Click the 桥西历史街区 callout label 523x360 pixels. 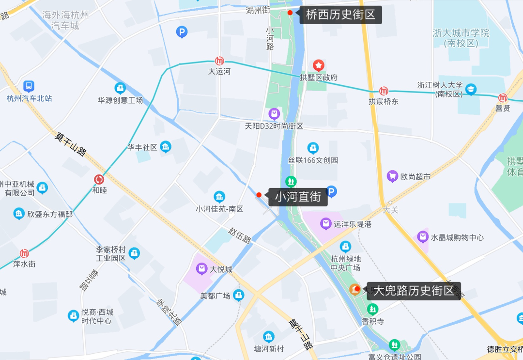[340, 15]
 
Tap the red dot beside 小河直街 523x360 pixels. [259, 195]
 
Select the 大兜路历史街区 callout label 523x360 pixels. [413, 291]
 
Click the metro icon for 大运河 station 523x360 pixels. [219, 61]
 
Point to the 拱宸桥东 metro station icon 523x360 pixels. [384, 91]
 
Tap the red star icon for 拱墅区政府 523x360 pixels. [318, 65]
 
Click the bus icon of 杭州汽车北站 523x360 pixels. [29, 87]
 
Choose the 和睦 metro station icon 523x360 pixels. [99, 179]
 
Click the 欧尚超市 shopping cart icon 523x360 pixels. [392, 177]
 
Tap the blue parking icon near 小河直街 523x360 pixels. [331, 192]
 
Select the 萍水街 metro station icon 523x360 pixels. [24, 253]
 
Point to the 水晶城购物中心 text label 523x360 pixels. [457, 237]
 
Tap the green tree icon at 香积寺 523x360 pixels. [372, 309]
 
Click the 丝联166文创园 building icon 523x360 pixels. [313, 148]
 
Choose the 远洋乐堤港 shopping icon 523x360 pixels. [326, 224]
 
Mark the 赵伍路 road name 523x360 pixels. [241, 237]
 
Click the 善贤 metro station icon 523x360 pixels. [503, 98]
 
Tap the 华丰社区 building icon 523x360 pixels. [166, 147]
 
